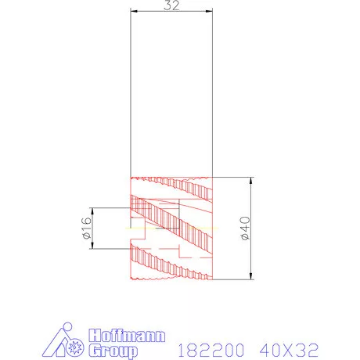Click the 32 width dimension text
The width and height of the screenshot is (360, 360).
(x=171, y=5)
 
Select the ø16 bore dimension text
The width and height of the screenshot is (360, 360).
(x=87, y=228)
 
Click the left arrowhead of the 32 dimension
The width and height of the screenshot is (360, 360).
(x=133, y=10)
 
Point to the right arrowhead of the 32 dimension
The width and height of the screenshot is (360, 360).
(x=211, y=10)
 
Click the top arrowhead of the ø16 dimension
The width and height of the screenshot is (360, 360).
(x=94, y=210)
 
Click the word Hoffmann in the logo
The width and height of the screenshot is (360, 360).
(x=128, y=336)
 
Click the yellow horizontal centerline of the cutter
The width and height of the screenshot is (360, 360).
(x=141, y=227)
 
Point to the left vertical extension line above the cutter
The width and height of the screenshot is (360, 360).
(x=131, y=94)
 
